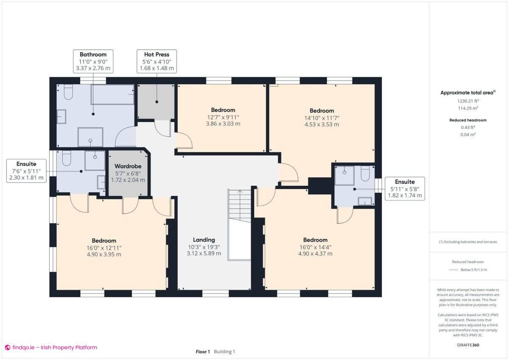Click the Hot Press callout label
(x=157, y=61)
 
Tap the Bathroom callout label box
(x=93, y=61)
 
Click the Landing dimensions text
(x=204, y=250)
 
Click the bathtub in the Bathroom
(x=113, y=95)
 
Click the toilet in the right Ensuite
(x=365, y=174)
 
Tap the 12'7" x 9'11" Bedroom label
(x=223, y=117)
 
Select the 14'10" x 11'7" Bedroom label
(x=322, y=117)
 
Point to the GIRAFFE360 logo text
(x=469, y=346)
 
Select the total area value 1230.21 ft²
(x=468, y=101)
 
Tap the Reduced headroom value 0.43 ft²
(x=468, y=127)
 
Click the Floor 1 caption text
(x=203, y=352)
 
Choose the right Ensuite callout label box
(x=405, y=189)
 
